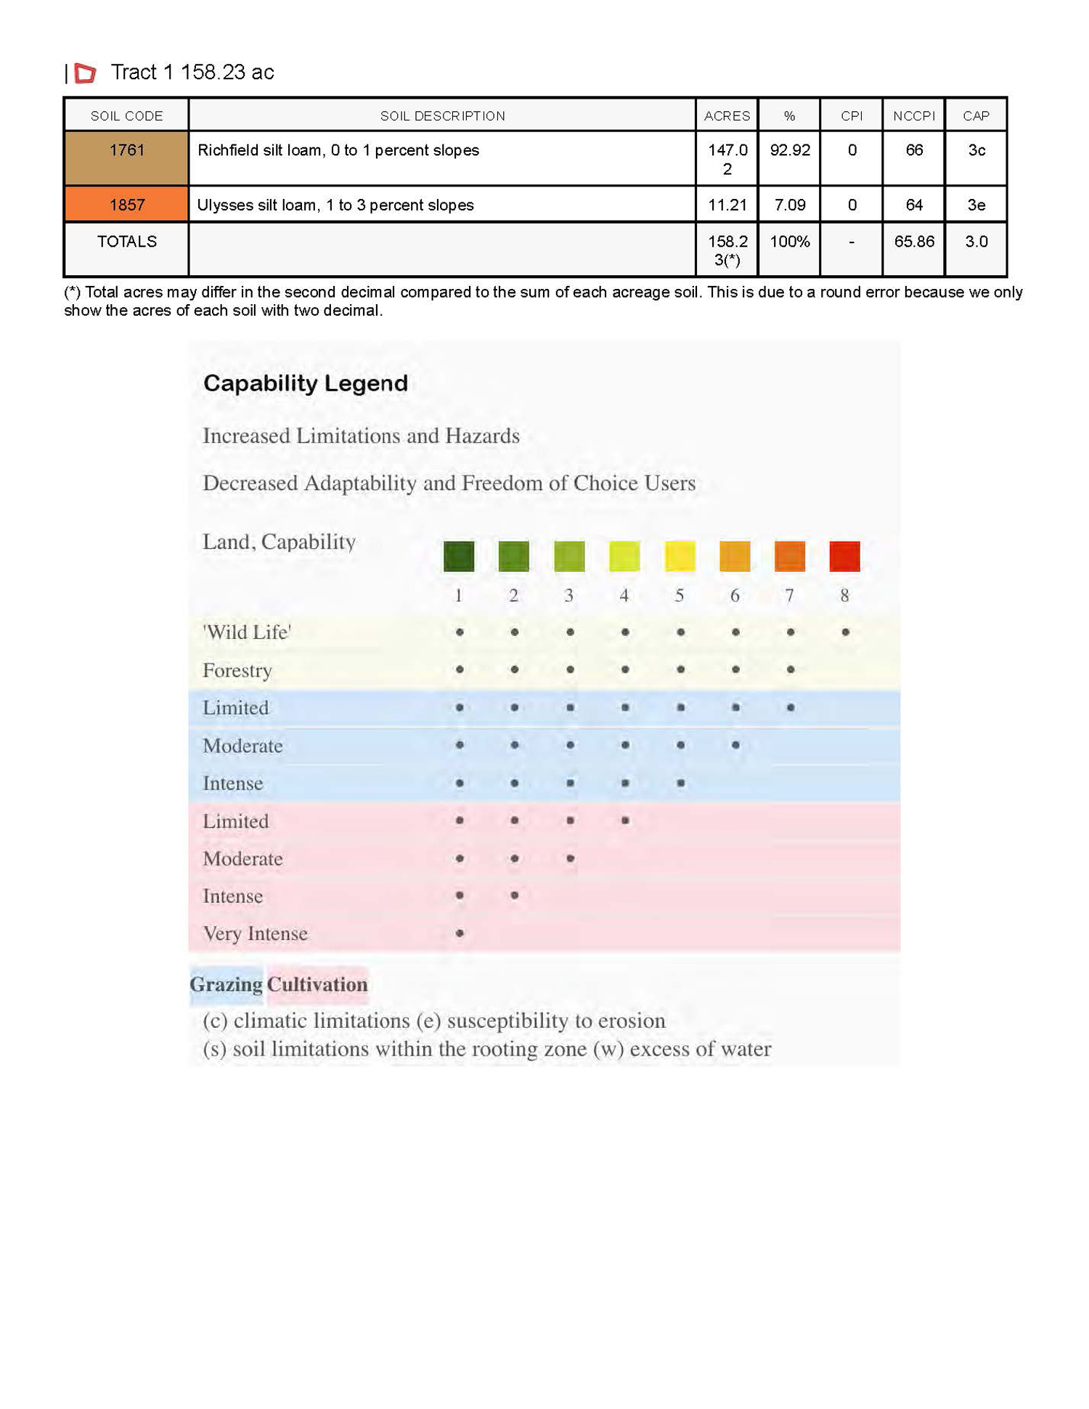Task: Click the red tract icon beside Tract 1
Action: click(85, 73)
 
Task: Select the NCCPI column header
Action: click(913, 115)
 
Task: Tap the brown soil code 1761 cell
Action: click(126, 158)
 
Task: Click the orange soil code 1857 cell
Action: click(126, 205)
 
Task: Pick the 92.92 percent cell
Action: click(789, 150)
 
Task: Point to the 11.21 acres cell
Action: click(727, 205)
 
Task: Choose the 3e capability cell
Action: click(976, 205)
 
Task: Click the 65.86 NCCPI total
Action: click(913, 242)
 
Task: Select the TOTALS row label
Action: click(126, 242)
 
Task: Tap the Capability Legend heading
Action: click(305, 383)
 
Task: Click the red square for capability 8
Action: click(844, 556)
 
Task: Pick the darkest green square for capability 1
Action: click(459, 556)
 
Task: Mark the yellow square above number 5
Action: click(680, 556)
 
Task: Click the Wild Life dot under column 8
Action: click(845, 632)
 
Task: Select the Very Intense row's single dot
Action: click(460, 933)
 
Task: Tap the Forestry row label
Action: click(237, 670)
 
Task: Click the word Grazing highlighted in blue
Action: click(226, 984)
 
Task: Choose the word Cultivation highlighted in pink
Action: click(317, 984)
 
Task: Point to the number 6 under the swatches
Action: click(735, 595)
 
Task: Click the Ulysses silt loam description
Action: click(335, 205)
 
